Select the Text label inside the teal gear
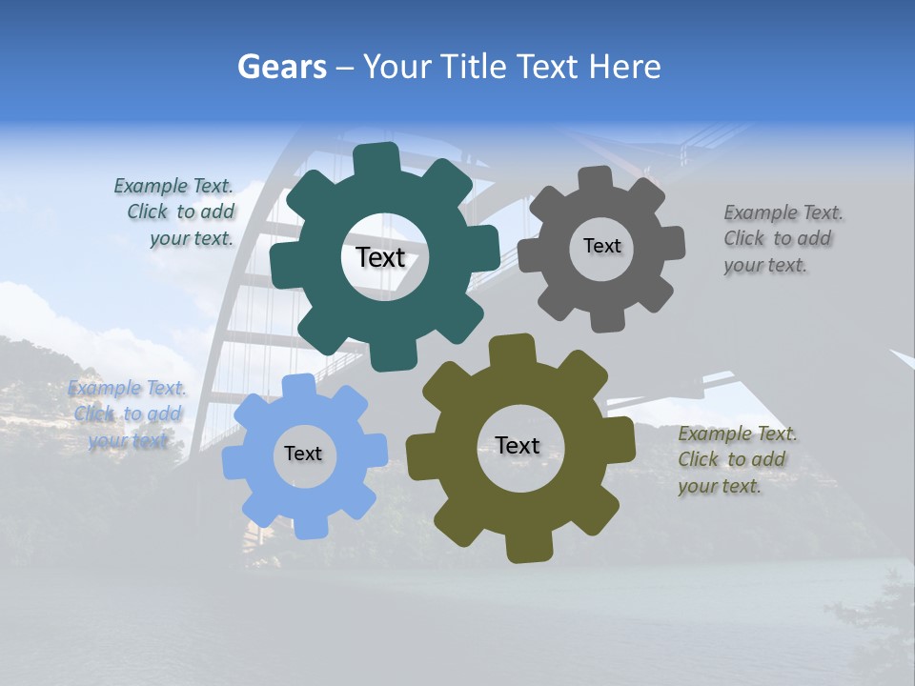click(x=380, y=257)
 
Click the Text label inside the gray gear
click(x=601, y=246)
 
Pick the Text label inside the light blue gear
click(x=303, y=454)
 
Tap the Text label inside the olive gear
click(x=518, y=445)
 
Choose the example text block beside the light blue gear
click(x=128, y=414)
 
